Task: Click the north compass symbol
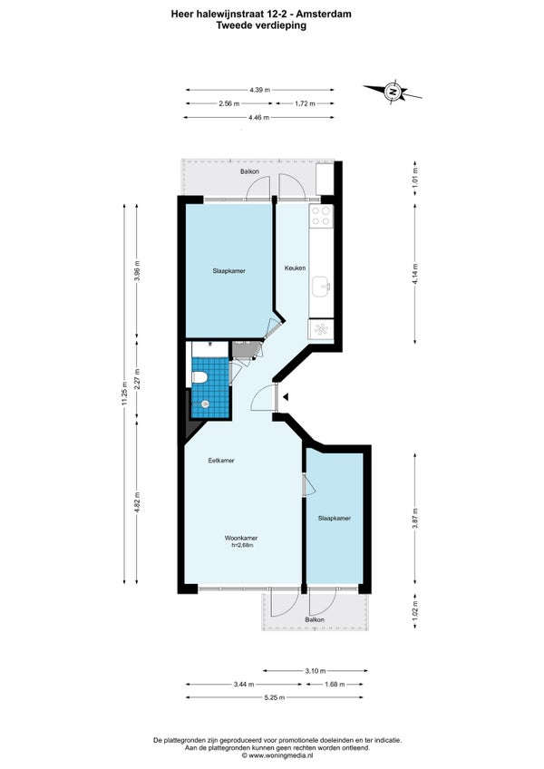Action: pyautogui.click(x=393, y=92)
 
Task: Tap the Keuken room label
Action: pyautogui.click(x=296, y=268)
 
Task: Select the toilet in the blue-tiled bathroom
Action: pyautogui.click(x=199, y=377)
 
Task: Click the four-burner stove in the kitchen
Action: pyautogui.click(x=321, y=216)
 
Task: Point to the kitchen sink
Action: pyautogui.click(x=322, y=286)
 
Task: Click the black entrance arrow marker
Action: pyautogui.click(x=286, y=397)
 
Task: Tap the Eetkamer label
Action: pyautogui.click(x=221, y=461)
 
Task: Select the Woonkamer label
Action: pyautogui.click(x=241, y=538)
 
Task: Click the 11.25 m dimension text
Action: pyautogui.click(x=125, y=394)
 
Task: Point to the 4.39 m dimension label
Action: pyautogui.click(x=259, y=90)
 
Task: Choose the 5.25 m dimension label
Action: pyautogui.click(x=274, y=697)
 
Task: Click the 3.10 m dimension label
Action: pyautogui.click(x=316, y=670)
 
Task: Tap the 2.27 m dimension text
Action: pyautogui.click(x=137, y=379)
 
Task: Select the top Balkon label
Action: pyautogui.click(x=249, y=171)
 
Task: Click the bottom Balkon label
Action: pyautogui.click(x=315, y=620)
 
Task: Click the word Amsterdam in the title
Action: pyautogui.click(x=326, y=15)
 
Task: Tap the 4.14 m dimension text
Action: pyautogui.click(x=415, y=274)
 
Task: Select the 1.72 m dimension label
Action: pyautogui.click(x=306, y=103)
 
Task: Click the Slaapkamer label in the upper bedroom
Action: pyautogui.click(x=229, y=271)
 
